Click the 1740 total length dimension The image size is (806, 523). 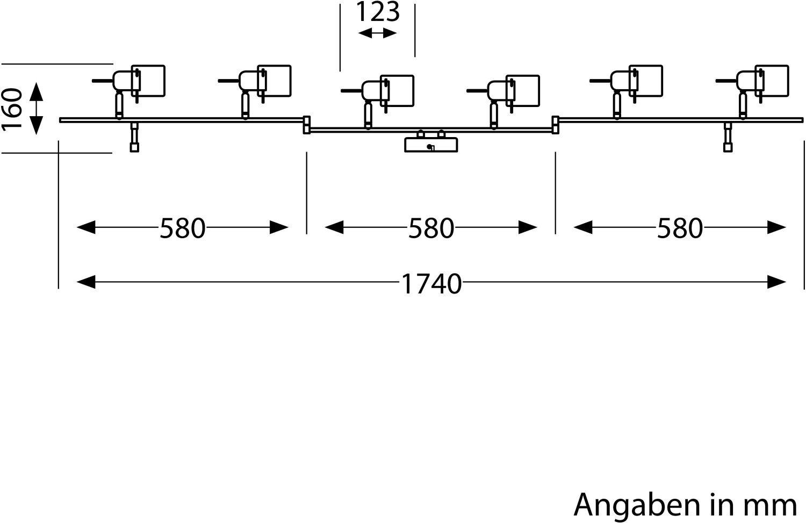coord(431,283)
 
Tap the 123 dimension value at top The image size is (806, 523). coord(378,12)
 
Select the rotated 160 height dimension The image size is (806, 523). coord(13,109)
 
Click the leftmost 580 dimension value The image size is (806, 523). coord(183,228)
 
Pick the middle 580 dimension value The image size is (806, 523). coord(431,228)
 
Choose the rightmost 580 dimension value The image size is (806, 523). coord(680,228)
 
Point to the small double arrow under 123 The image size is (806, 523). coord(377,33)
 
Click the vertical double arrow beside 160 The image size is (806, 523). coord(35,109)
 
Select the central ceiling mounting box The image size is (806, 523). coord(431,145)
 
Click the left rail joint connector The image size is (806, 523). coord(307,124)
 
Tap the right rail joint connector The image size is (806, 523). coord(556,124)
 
